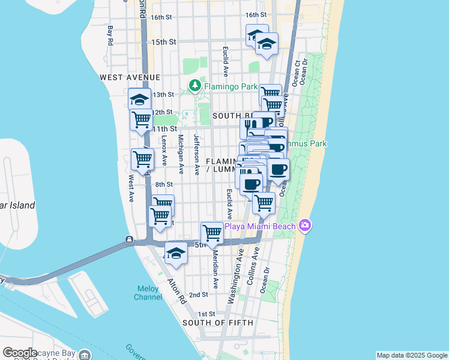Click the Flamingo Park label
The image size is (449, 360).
[231, 87]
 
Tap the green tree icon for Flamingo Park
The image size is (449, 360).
[195, 87]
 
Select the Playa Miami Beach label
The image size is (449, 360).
[260, 226]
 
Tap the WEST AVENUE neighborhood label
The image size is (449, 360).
[130, 77]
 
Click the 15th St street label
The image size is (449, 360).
[164, 42]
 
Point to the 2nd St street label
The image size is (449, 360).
[198, 295]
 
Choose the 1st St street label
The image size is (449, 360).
[206, 314]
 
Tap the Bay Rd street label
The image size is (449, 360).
[110, 35]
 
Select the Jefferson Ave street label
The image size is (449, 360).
[196, 154]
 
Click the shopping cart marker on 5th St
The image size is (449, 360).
[212, 232]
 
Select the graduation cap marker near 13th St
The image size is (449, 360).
[139, 98]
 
